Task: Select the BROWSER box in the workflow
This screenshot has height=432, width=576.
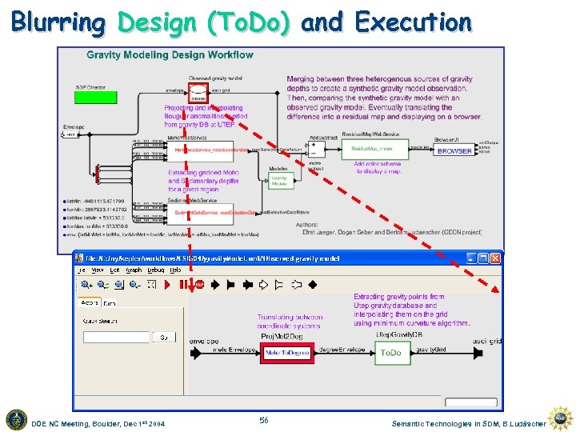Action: click(x=454, y=150)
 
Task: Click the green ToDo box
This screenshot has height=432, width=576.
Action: click(x=390, y=352)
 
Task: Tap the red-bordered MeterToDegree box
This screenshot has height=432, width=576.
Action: click(x=288, y=353)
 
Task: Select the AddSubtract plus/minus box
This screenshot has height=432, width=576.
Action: click(x=317, y=149)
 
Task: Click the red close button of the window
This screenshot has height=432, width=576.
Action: click(x=495, y=258)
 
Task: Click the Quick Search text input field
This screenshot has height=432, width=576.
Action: click(x=116, y=337)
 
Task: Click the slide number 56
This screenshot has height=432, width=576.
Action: click(x=264, y=420)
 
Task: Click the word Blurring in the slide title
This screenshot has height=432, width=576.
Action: click(x=58, y=22)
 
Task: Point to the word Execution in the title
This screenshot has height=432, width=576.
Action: click(x=413, y=22)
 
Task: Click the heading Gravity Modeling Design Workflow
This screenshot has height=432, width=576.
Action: click(x=170, y=55)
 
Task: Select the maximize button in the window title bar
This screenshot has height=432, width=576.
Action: click(x=483, y=258)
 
